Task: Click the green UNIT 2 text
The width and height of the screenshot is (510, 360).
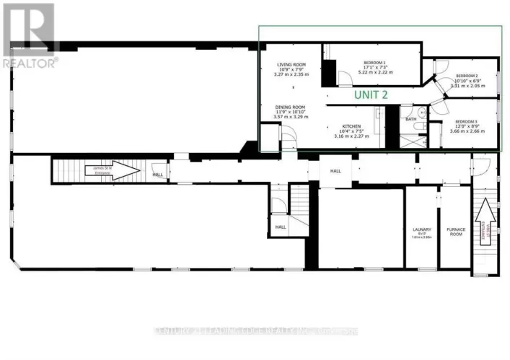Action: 371,95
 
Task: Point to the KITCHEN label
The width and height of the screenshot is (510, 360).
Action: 346,123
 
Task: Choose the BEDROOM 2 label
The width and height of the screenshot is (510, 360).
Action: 466,76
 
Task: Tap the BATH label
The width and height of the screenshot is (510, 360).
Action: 411,118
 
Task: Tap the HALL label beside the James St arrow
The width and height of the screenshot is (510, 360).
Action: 157,175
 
